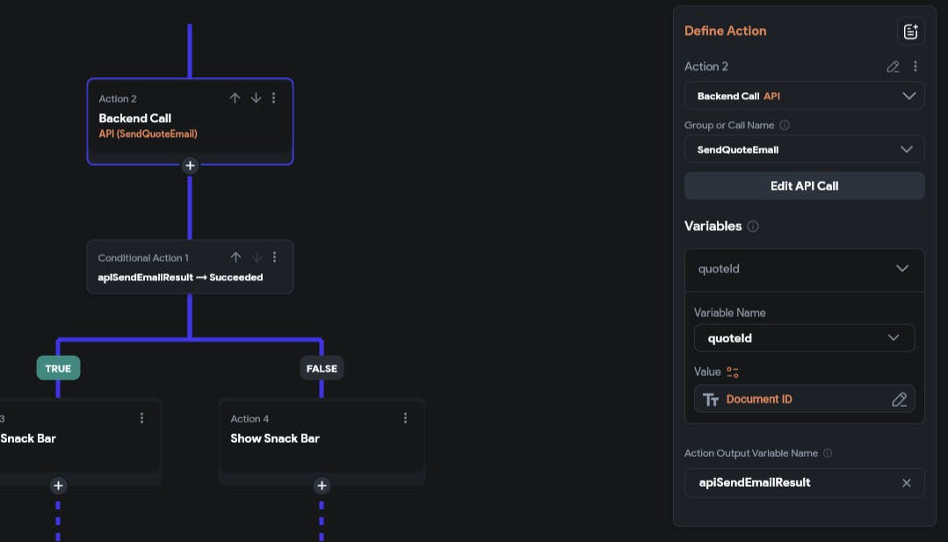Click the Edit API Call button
click(x=804, y=186)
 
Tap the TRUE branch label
click(x=58, y=369)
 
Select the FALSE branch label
click(x=322, y=369)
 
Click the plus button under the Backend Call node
click(x=190, y=165)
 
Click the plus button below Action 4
click(x=322, y=485)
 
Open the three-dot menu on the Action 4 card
click(x=405, y=418)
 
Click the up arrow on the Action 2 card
click(x=235, y=98)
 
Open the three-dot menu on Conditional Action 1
click(x=274, y=257)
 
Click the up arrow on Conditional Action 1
click(x=235, y=257)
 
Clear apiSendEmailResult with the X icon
click(x=907, y=483)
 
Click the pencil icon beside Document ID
click(x=899, y=400)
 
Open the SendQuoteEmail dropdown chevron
click(x=907, y=149)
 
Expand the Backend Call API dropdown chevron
click(x=908, y=96)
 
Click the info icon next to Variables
click(x=753, y=226)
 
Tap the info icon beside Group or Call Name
click(x=785, y=125)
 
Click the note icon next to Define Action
click(x=910, y=32)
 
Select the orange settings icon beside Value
click(x=732, y=372)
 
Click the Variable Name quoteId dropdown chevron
click(x=893, y=338)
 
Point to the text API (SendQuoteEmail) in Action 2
click(x=148, y=134)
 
